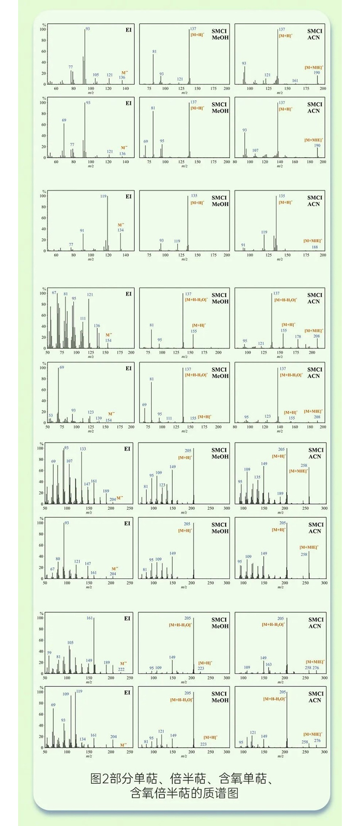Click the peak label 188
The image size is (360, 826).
point(315,247)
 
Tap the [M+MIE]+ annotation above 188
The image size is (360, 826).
point(313,241)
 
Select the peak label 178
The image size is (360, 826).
point(298,336)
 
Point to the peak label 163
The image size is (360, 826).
point(269,664)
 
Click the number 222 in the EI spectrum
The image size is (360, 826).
point(121,669)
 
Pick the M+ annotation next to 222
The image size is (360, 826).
point(123,663)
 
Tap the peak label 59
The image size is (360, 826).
point(49,653)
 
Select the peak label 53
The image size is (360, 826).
point(50,415)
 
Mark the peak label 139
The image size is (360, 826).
point(99,418)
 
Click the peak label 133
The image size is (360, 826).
point(83,449)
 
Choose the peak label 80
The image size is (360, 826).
point(58,559)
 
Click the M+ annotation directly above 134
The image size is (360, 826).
point(120,225)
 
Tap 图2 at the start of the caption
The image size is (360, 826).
point(96,779)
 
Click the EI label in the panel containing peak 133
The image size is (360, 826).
point(127,449)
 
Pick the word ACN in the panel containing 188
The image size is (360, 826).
point(314,204)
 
